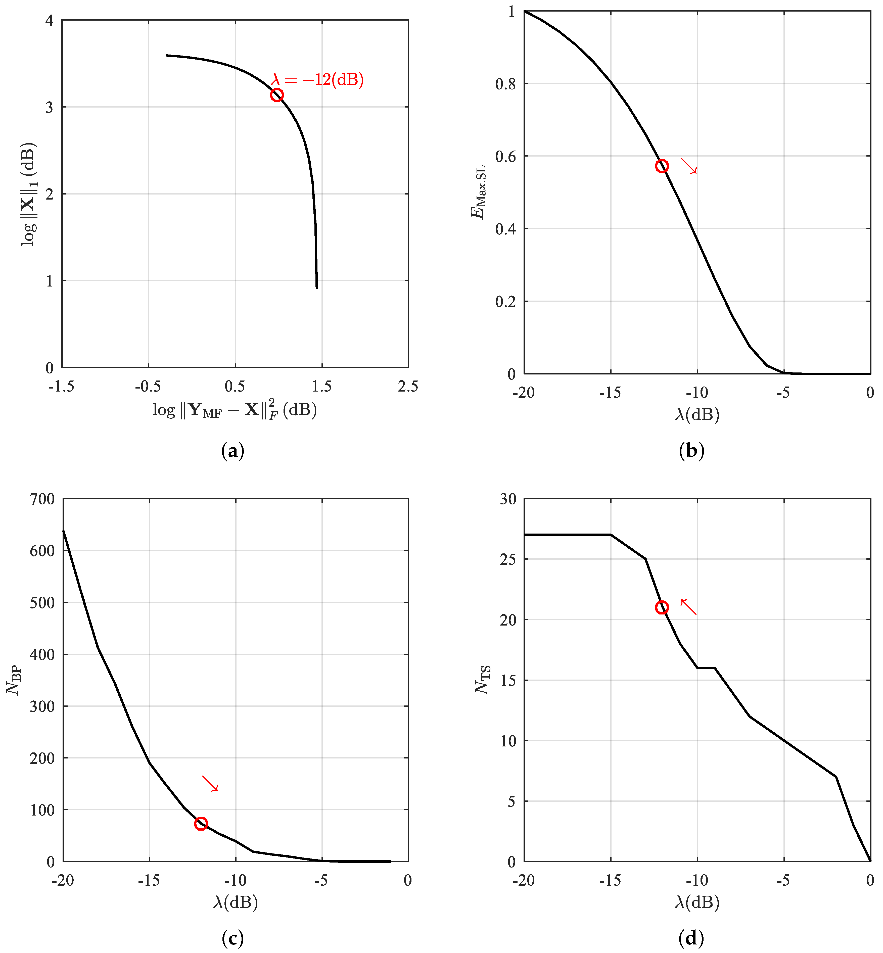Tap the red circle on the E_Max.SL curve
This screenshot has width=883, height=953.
[x=662, y=166]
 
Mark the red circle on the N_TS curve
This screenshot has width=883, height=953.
[x=662, y=608]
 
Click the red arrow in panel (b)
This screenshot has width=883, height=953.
[x=689, y=166]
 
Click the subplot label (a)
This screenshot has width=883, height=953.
[x=233, y=451]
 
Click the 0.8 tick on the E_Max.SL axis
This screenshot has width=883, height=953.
[x=505, y=84]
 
